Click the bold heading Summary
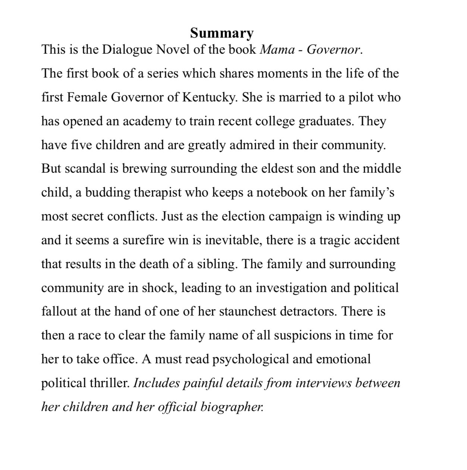(x=222, y=33)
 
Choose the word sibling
(x=217, y=264)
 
